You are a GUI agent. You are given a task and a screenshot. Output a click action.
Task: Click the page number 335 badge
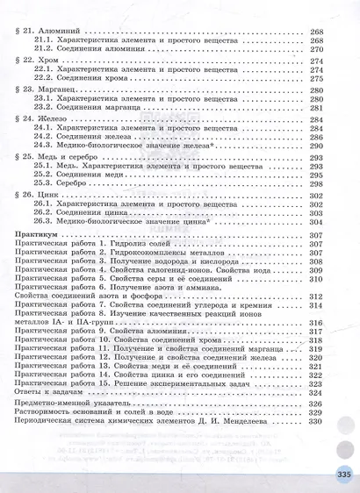pyautogui.click(x=342, y=475)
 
